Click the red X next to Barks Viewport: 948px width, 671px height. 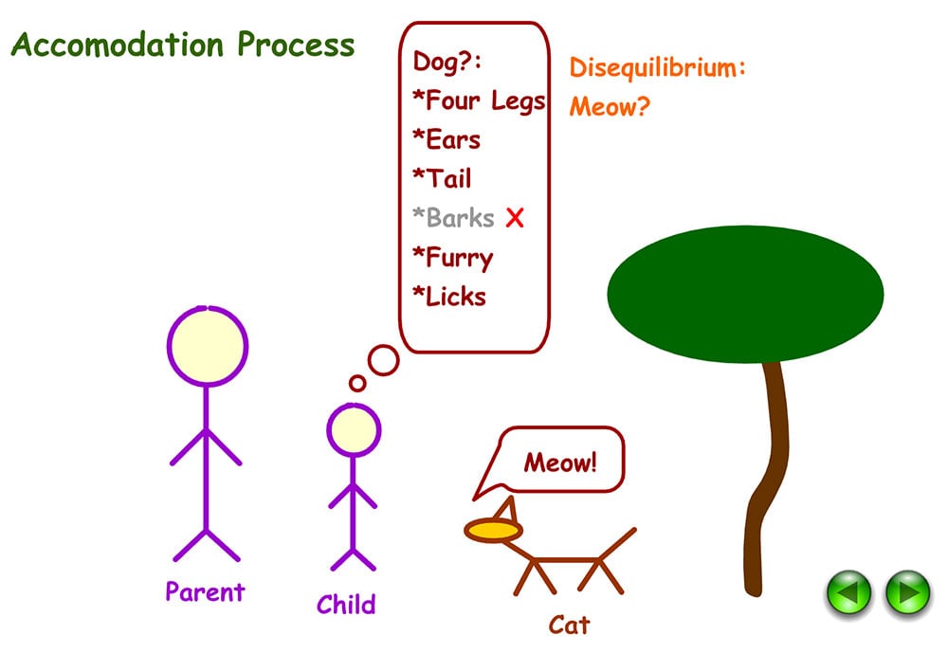[515, 218]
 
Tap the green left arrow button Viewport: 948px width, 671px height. [848, 594]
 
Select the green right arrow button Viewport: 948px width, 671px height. [907, 594]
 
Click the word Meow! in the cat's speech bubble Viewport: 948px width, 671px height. [561, 463]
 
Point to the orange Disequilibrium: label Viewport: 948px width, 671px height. [658, 67]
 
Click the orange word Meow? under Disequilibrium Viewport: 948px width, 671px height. [610, 106]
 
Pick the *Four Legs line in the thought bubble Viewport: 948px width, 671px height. [479, 100]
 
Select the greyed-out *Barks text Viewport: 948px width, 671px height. [453, 218]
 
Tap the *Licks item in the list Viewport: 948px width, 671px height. [449, 297]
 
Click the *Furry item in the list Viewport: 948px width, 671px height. [452, 258]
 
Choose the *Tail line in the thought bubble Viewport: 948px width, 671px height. [442, 179]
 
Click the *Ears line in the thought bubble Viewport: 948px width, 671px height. [447, 140]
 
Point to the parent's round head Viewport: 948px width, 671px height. [207, 346]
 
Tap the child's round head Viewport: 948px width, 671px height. [354, 430]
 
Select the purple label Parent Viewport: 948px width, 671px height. [205, 592]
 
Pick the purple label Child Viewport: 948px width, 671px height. [346, 605]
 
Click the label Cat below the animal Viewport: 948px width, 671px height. [569, 625]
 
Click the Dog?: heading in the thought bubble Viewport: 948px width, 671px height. [447, 62]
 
